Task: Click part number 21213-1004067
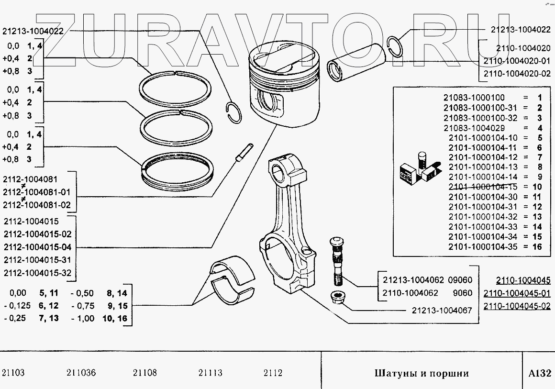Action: pyautogui.click(x=442, y=310)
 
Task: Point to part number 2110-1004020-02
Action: pyautogui.click(x=517, y=74)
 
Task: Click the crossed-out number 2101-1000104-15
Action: pyautogui.click(x=483, y=187)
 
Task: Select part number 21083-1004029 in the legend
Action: pyautogui.click(x=474, y=128)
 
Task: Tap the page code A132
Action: pyautogui.click(x=539, y=373)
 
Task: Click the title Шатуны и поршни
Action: pyautogui.click(x=421, y=373)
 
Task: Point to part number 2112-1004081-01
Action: pyautogui.click(x=36, y=192)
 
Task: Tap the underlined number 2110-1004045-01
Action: pyautogui.click(x=516, y=293)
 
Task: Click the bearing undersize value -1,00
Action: pyautogui.click(x=82, y=318)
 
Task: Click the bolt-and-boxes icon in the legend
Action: pyautogui.click(x=417, y=169)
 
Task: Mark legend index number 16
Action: pyautogui.click(x=536, y=247)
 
